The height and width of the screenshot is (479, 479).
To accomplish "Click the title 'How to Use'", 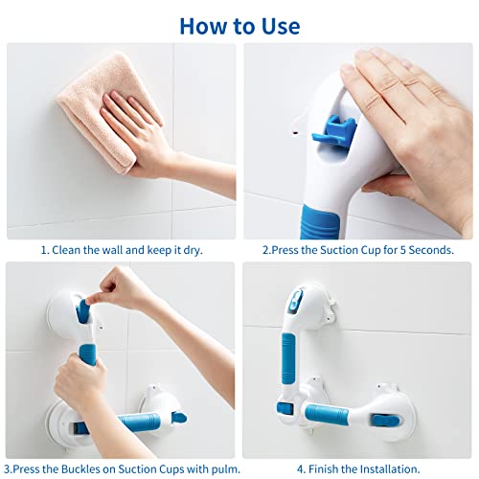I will (239, 25).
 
